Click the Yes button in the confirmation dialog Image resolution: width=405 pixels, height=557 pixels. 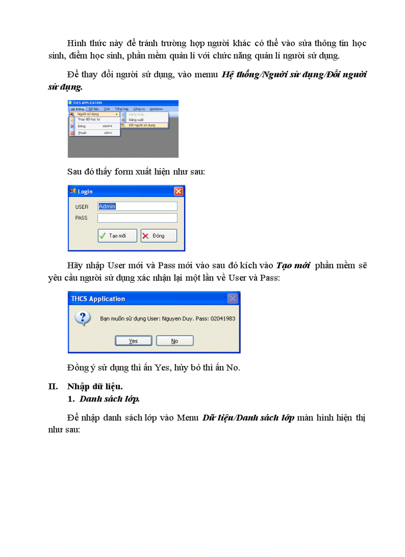pyautogui.click(x=133, y=341)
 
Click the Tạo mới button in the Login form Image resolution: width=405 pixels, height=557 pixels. pyautogui.click(x=117, y=236)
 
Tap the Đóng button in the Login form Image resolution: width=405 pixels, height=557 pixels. pyautogui.click(x=158, y=236)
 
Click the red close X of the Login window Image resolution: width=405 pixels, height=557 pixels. pyautogui.click(x=178, y=191)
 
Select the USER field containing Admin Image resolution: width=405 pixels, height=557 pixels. pyautogui.click(x=137, y=206)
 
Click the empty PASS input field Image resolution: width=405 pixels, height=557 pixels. pyautogui.click(x=137, y=218)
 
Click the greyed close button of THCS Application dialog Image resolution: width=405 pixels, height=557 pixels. pyautogui.click(x=232, y=299)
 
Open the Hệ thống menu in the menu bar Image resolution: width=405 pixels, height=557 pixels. pyautogui.click(x=77, y=108)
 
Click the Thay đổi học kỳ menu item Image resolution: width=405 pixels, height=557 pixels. pyautogui.click(x=89, y=120)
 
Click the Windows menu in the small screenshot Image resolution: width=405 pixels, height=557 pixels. pyautogui.click(x=156, y=108)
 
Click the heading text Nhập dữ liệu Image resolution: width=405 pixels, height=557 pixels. pyautogui.click(x=95, y=386)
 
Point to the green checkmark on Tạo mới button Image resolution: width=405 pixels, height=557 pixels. pyautogui.click(x=102, y=236)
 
